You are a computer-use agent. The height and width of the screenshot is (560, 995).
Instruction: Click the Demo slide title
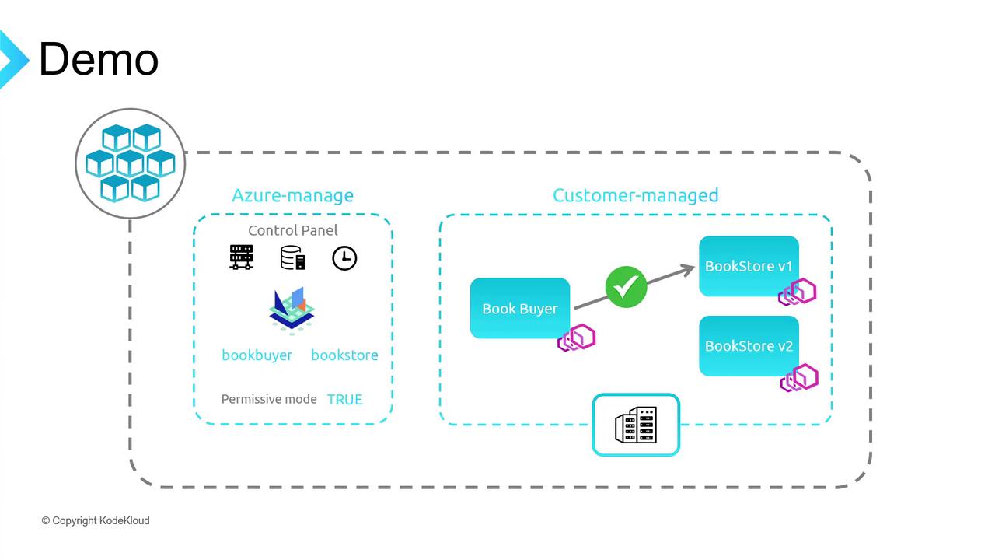click(99, 60)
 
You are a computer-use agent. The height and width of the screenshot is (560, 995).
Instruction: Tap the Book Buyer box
click(519, 308)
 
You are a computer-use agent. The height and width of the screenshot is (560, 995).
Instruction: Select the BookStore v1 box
click(748, 266)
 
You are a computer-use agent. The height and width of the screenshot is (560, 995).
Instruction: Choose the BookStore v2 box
click(748, 346)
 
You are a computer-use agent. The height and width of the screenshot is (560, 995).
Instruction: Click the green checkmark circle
click(626, 287)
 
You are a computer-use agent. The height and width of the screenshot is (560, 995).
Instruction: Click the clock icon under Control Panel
click(344, 258)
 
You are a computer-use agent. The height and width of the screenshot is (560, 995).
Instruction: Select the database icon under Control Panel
click(292, 257)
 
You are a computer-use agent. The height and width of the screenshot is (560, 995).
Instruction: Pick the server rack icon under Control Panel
click(241, 257)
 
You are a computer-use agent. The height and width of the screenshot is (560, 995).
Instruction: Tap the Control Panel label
click(292, 230)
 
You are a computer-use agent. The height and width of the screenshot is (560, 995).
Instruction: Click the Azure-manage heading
click(292, 195)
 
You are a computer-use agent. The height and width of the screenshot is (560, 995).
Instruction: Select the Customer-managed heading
click(635, 195)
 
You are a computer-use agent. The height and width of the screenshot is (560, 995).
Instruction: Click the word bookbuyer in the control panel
click(257, 355)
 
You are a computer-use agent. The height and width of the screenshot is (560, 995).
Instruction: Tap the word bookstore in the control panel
click(344, 355)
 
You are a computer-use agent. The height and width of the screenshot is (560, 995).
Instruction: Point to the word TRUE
click(344, 399)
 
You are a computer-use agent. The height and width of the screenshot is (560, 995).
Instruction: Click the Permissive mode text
click(269, 399)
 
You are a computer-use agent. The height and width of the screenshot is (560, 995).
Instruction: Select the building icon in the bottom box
click(636, 425)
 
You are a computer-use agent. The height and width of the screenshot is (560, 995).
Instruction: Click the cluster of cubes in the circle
click(130, 163)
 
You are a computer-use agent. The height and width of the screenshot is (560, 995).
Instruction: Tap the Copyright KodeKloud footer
click(96, 520)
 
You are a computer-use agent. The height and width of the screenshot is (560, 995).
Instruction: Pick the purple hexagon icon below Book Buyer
click(576, 338)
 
